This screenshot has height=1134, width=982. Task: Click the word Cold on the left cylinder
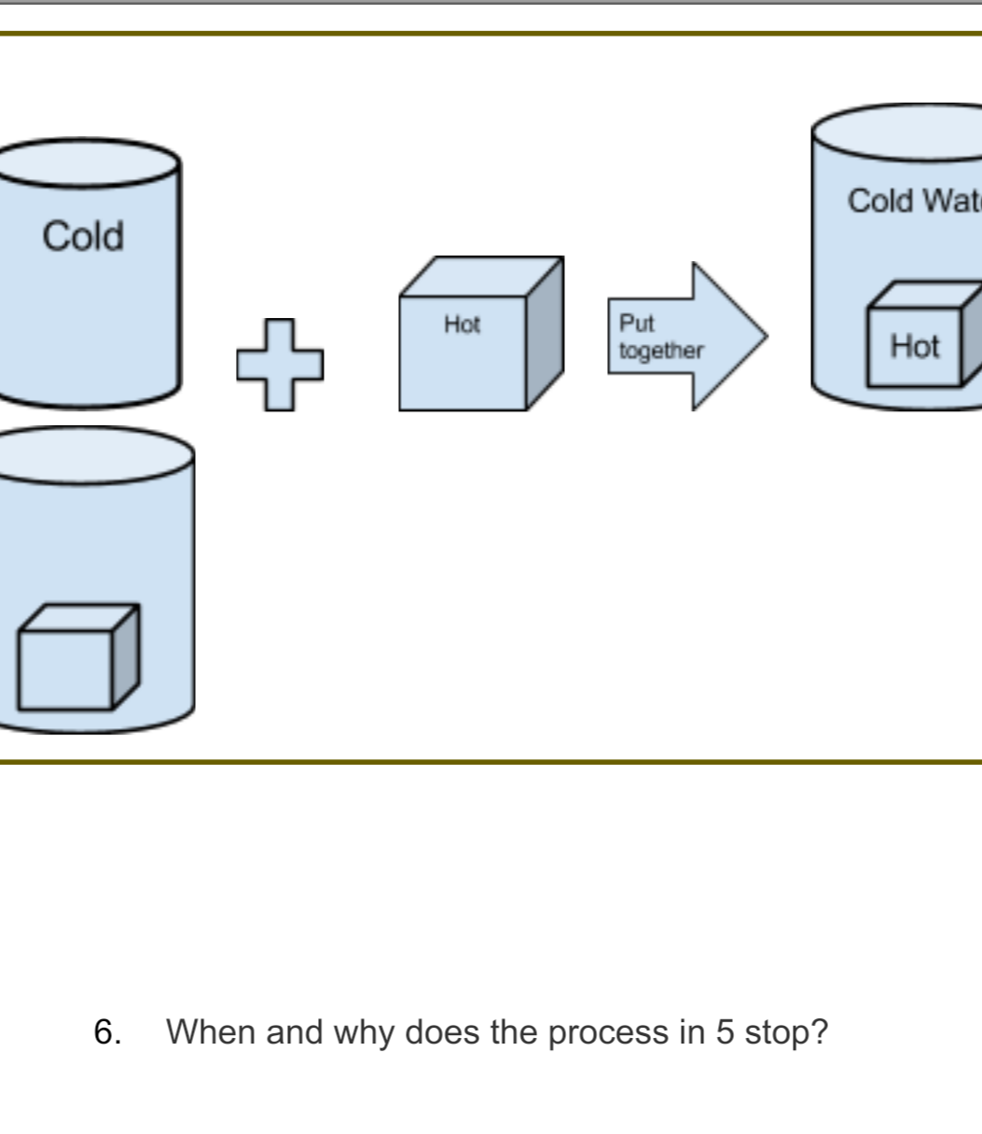coord(83,236)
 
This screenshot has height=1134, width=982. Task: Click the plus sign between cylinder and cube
coord(280,365)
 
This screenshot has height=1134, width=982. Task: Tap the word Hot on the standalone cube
coord(462,325)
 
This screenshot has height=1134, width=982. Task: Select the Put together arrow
coord(685,337)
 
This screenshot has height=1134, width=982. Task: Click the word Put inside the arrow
coord(637,324)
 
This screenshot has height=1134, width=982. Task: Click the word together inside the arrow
coord(660,351)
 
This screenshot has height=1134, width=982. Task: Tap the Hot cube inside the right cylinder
coord(915,346)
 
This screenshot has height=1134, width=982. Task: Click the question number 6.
coord(107,1032)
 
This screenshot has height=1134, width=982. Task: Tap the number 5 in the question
coord(725,1032)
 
